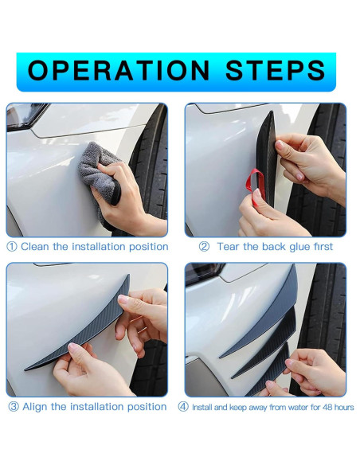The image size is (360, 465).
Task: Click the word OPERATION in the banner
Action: (119, 70)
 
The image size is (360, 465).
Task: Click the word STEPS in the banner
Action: (276, 70)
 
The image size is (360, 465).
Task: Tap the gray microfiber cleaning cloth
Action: (98, 172)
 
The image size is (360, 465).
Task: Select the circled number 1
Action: (12, 247)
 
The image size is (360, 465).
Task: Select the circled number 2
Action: (204, 247)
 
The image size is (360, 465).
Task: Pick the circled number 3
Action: (14, 407)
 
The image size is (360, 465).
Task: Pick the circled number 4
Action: (183, 407)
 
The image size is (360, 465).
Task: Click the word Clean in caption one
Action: (35, 247)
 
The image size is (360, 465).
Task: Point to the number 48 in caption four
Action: (327, 407)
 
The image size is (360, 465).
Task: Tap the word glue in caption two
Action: (299, 247)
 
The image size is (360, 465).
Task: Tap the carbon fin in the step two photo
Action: (266, 160)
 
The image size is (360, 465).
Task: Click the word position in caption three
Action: (147, 407)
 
